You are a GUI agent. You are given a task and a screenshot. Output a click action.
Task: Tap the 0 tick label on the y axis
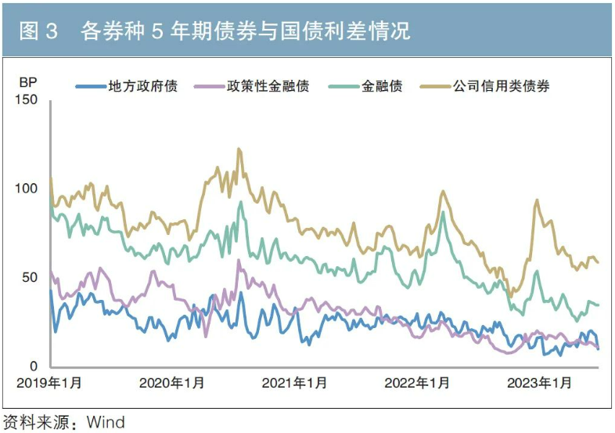point(34,366)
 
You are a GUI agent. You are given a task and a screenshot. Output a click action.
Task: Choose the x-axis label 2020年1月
point(172,383)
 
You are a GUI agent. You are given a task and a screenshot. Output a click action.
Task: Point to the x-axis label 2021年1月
point(294,383)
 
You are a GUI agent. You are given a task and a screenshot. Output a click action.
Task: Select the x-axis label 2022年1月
point(417,383)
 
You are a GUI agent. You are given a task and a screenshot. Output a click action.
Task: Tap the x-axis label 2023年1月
point(540,383)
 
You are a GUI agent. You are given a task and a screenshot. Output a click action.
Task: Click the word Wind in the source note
point(106,423)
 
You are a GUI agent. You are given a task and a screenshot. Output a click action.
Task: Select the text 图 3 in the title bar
point(38,31)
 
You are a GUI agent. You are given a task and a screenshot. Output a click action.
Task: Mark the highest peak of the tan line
point(239,149)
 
